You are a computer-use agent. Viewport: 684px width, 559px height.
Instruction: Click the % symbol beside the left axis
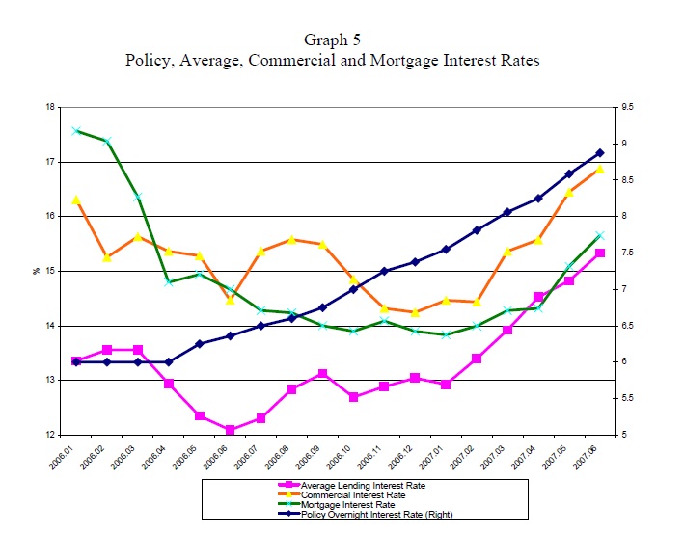click(x=36, y=271)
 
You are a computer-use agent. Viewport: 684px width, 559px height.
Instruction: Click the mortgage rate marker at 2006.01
click(x=76, y=130)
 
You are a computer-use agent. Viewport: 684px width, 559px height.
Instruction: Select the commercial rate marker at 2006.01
click(x=76, y=200)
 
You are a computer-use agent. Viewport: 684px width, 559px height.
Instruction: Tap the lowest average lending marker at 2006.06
click(x=231, y=430)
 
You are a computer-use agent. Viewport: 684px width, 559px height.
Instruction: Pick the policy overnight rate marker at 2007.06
click(x=600, y=152)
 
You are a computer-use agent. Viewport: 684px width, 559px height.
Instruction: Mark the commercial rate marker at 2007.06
click(x=600, y=169)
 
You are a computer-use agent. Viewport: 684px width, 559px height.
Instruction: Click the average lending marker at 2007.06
click(x=600, y=253)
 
